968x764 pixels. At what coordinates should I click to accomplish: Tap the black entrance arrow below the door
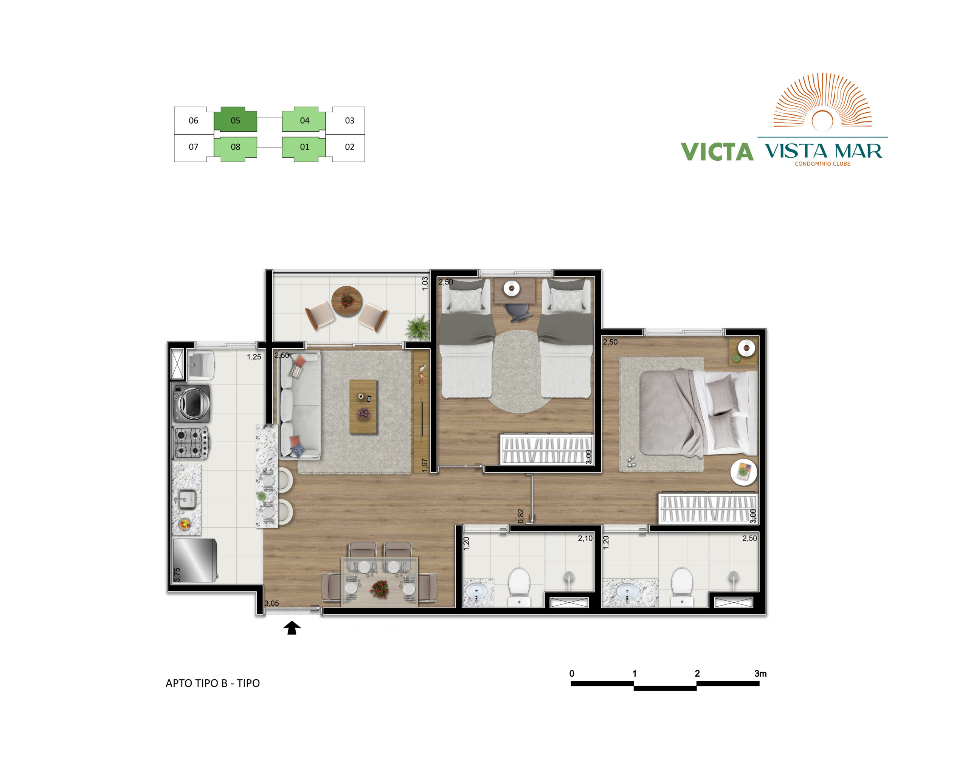pyautogui.click(x=292, y=627)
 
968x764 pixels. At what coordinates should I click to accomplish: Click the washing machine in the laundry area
pyautogui.click(x=191, y=404)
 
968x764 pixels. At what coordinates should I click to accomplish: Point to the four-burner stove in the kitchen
pyautogui.click(x=191, y=443)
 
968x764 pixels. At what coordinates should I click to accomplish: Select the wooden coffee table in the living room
pyautogui.click(x=363, y=407)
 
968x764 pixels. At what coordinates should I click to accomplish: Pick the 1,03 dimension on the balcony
pyautogui.click(x=425, y=284)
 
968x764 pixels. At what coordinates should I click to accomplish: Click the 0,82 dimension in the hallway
pyautogui.click(x=520, y=516)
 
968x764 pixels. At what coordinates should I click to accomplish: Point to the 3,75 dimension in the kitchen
pyautogui.click(x=177, y=575)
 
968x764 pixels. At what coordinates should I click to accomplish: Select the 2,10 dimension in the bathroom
pyautogui.click(x=585, y=539)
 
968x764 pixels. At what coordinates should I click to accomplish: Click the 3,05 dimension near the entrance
pyautogui.click(x=271, y=603)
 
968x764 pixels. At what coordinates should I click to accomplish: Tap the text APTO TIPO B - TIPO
pyautogui.click(x=213, y=683)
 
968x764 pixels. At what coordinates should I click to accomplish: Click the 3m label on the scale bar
pyautogui.click(x=760, y=673)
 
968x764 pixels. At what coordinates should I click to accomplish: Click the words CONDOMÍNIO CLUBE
pyautogui.click(x=822, y=164)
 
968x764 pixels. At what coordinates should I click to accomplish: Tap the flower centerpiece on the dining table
pyautogui.click(x=380, y=589)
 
